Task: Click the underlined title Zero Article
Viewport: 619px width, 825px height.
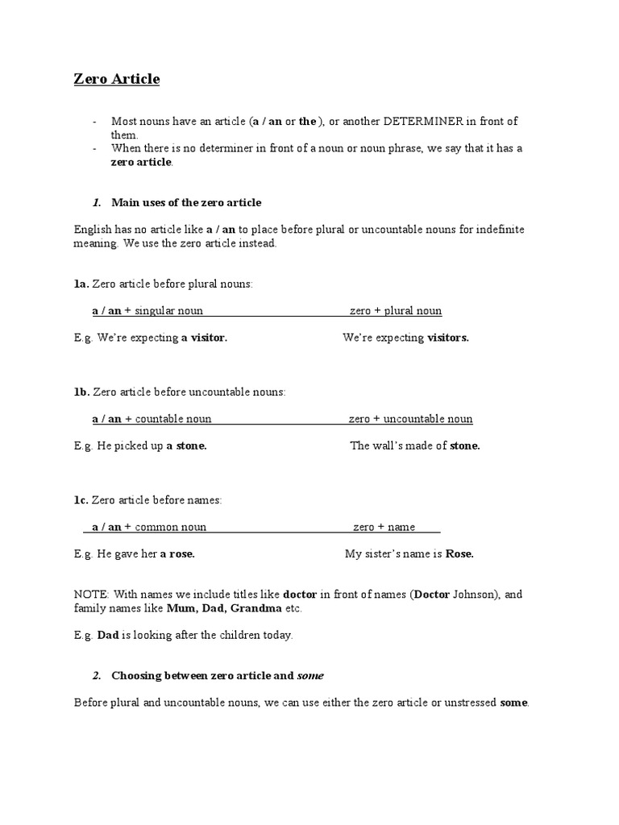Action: pos(117,79)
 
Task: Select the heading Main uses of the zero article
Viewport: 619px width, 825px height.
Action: pos(186,202)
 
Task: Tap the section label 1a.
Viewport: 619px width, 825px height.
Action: pos(81,284)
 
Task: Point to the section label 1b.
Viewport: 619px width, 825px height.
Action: pos(81,392)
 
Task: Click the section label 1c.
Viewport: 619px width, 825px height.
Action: pos(81,500)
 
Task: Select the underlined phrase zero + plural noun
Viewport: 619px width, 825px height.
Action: pos(395,311)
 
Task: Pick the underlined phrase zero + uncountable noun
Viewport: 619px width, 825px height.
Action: pos(410,419)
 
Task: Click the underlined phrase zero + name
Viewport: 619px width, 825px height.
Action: pos(384,527)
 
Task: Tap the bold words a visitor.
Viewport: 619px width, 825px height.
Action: pos(204,338)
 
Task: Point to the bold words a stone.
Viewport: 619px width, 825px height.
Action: pos(186,446)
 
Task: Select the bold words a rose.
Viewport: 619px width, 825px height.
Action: pos(177,553)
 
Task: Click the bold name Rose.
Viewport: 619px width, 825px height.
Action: pos(459,553)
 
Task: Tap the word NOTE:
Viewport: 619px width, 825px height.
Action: pos(91,595)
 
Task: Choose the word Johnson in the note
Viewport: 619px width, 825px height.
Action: pos(476,595)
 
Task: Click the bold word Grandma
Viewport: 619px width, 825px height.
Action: pos(255,608)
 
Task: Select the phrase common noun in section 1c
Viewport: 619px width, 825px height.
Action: pos(170,527)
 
